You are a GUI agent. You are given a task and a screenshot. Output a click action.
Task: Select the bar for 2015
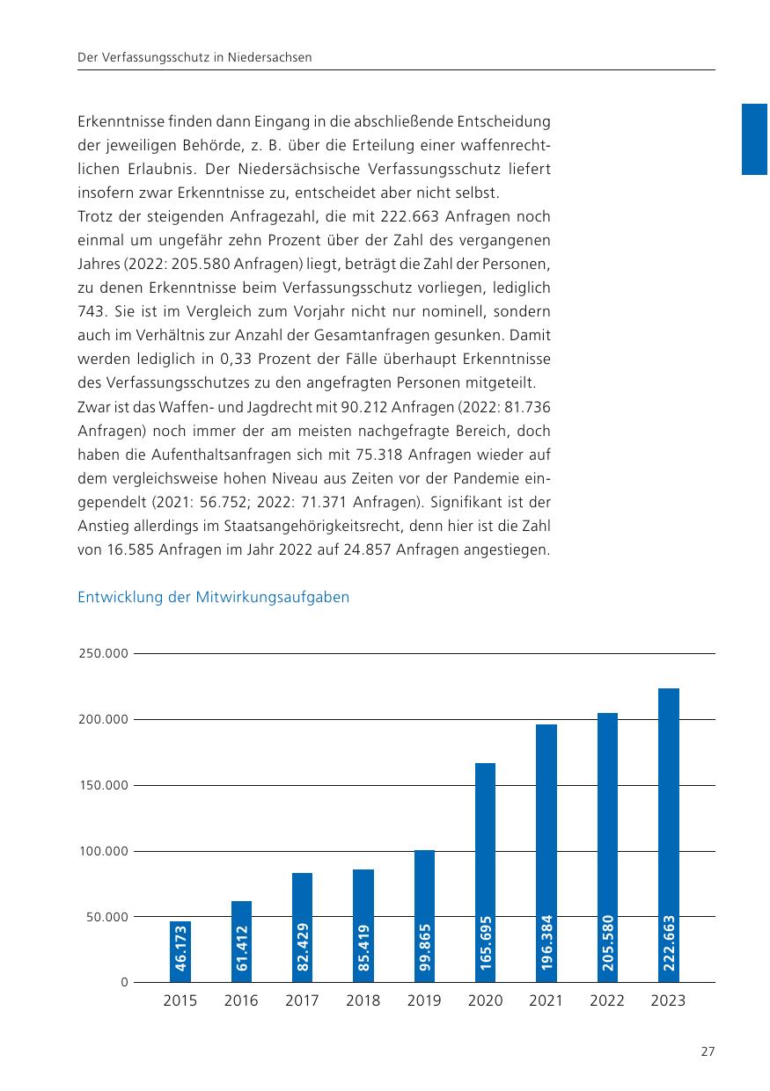point(180,951)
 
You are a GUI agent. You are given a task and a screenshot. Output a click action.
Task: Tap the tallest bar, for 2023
point(669,835)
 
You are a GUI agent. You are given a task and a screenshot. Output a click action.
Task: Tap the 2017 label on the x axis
point(302,1000)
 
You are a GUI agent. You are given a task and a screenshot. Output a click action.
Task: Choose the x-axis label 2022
point(607,1000)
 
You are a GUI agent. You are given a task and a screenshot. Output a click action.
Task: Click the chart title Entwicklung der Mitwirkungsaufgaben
point(214,597)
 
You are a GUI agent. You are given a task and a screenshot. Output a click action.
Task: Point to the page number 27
point(708,1051)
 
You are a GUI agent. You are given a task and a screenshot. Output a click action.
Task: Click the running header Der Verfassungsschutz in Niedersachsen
point(195,57)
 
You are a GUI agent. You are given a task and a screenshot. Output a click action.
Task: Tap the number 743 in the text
point(92,311)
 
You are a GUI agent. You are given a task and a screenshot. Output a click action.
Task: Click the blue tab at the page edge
point(755,139)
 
